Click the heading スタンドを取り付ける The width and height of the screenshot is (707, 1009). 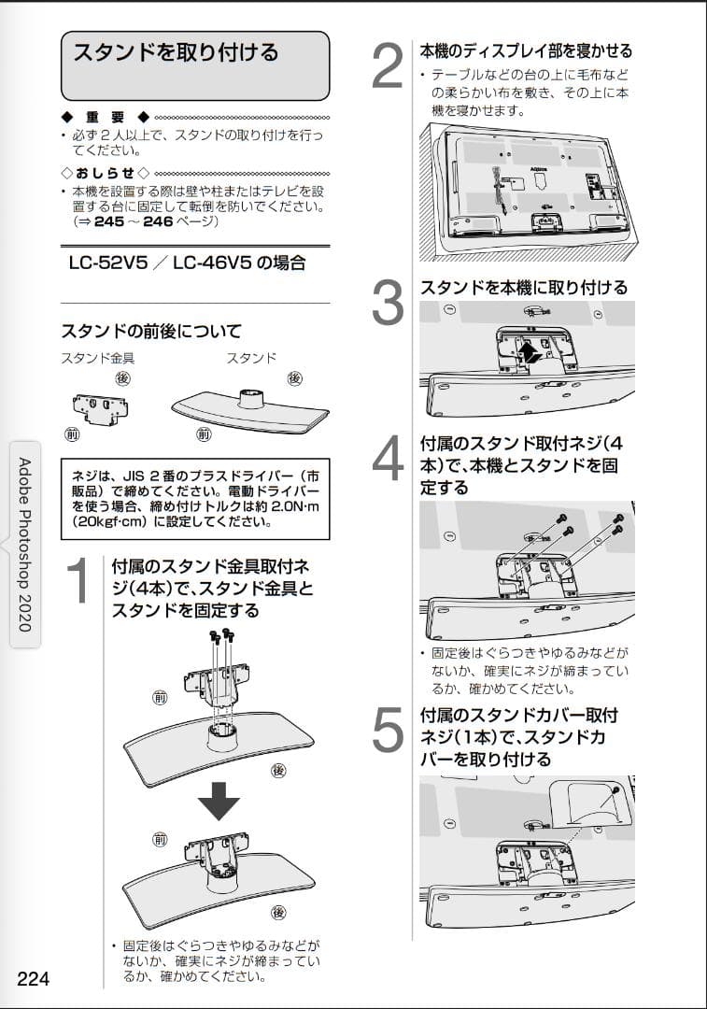pyautogui.click(x=177, y=53)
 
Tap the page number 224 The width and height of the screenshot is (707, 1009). pyautogui.click(x=33, y=979)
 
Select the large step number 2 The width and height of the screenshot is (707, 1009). pyautogui.click(x=388, y=66)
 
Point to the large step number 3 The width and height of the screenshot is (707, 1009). pyautogui.click(x=388, y=304)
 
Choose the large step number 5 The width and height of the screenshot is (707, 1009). pyautogui.click(x=388, y=732)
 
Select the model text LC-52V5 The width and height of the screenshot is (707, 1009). pyautogui.click(x=103, y=263)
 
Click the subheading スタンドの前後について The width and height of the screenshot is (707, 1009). pyautogui.click(x=151, y=331)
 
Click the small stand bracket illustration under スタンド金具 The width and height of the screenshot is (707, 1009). pyautogui.click(x=100, y=406)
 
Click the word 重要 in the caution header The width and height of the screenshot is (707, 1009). pyautogui.click(x=105, y=118)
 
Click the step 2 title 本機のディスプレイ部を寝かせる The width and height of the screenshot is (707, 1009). pyautogui.click(x=526, y=51)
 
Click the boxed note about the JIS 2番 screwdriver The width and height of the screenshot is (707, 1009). pyautogui.click(x=194, y=499)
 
